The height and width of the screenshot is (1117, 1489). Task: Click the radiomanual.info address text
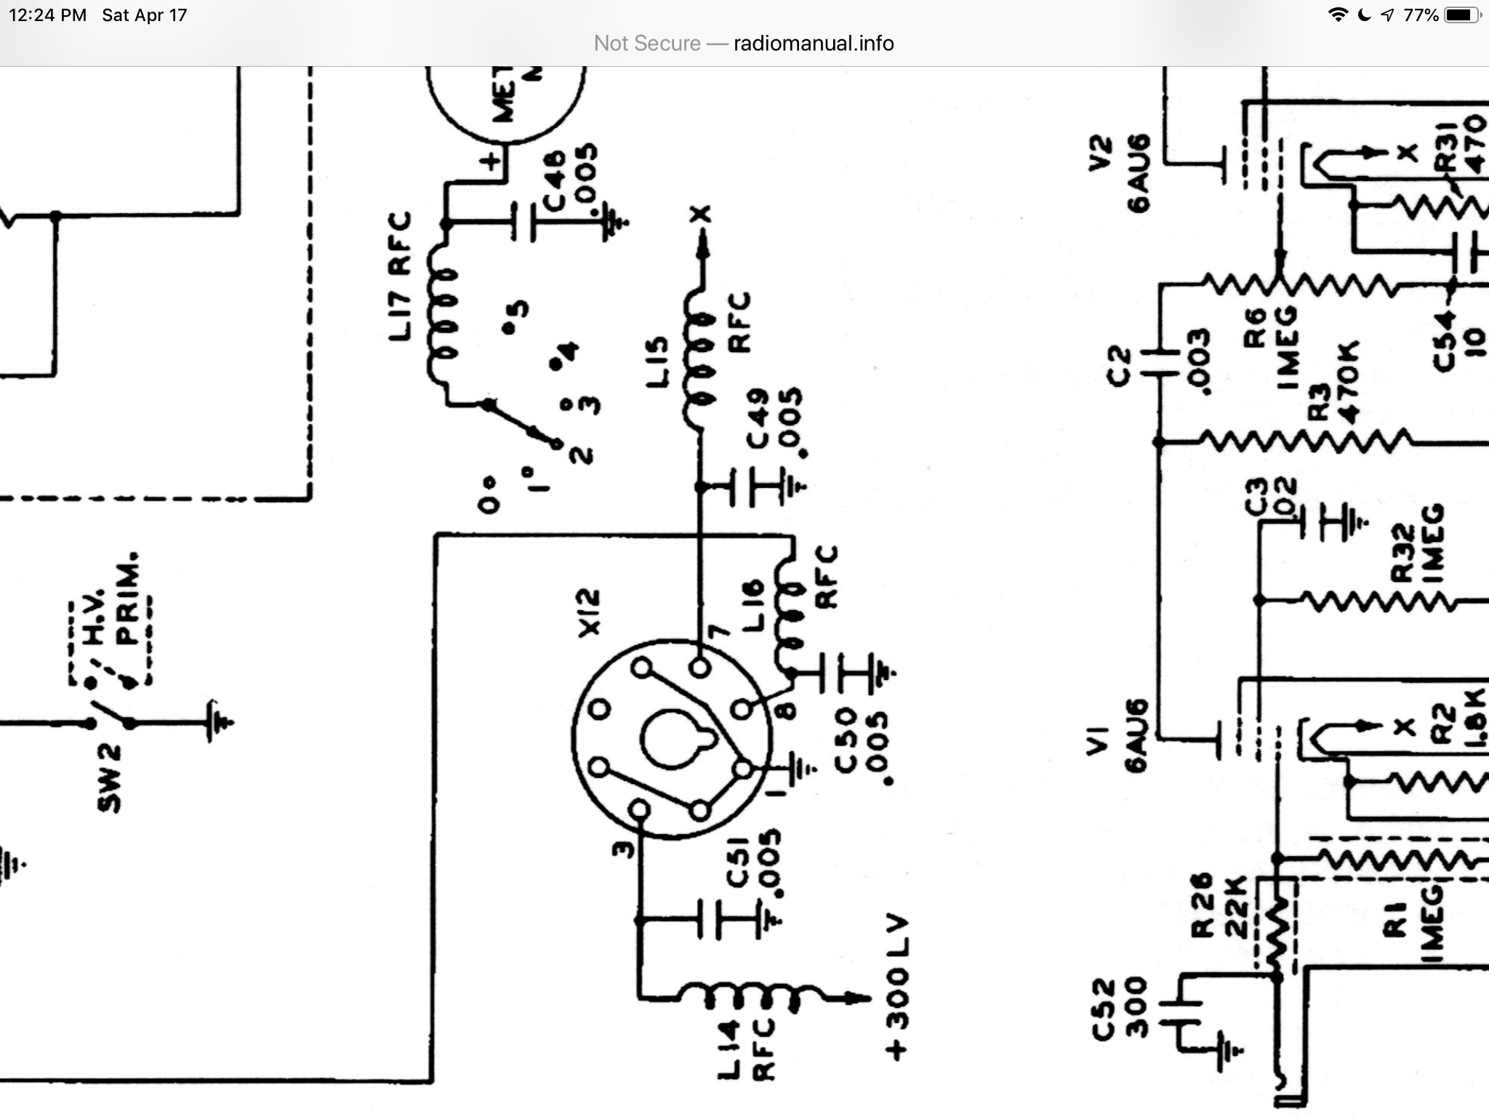click(x=813, y=44)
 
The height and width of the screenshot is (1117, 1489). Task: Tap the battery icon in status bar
click(x=1461, y=15)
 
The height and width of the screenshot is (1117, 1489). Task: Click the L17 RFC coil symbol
click(x=444, y=316)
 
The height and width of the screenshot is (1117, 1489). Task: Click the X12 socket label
click(x=590, y=612)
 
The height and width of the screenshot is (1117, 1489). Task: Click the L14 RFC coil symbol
click(x=749, y=996)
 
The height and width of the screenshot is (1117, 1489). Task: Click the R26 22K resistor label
click(x=1221, y=905)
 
